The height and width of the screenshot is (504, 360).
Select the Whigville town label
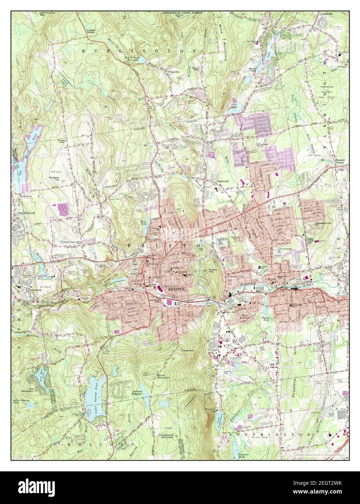(x=172, y=71)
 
